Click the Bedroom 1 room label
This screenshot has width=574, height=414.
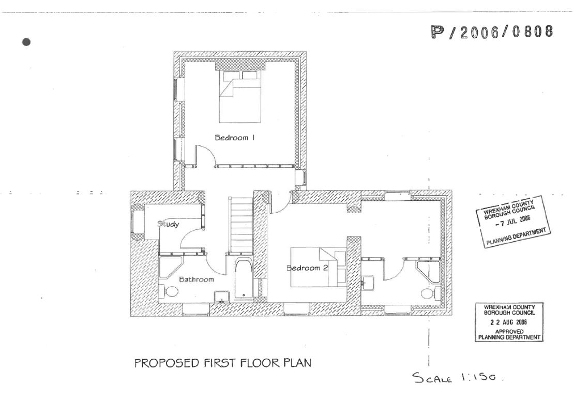click(235, 138)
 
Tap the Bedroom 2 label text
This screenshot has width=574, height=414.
click(308, 268)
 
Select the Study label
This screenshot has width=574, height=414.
click(168, 225)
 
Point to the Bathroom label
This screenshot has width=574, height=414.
click(197, 279)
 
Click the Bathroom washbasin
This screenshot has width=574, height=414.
click(222, 296)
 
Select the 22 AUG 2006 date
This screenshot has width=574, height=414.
click(509, 322)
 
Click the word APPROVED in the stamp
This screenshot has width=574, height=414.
click(509, 331)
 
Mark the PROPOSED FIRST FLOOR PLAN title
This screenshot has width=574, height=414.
click(223, 363)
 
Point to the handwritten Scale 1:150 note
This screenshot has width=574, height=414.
click(457, 377)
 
